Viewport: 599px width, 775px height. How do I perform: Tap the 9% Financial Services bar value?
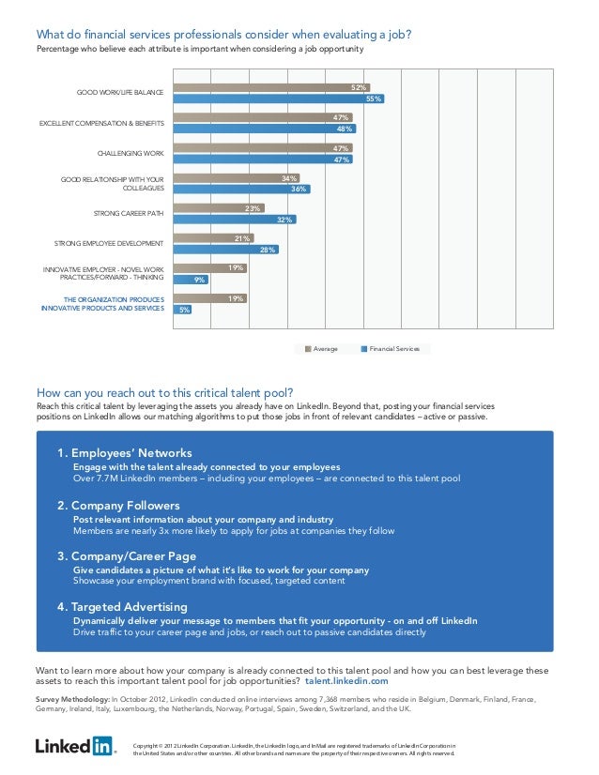click(199, 280)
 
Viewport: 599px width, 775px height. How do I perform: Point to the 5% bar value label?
click(184, 310)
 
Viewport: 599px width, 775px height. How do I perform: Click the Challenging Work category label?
click(131, 153)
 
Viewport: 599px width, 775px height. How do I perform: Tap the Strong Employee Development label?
click(109, 243)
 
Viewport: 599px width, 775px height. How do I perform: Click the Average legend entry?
click(320, 349)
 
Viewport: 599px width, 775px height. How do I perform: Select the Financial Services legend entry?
click(391, 349)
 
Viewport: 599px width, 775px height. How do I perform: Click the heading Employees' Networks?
click(125, 452)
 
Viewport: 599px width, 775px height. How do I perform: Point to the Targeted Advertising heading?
click(122, 606)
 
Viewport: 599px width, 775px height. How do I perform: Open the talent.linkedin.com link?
click(346, 682)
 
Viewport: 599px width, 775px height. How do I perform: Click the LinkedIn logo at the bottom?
click(76, 747)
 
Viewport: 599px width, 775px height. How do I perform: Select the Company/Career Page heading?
click(127, 555)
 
